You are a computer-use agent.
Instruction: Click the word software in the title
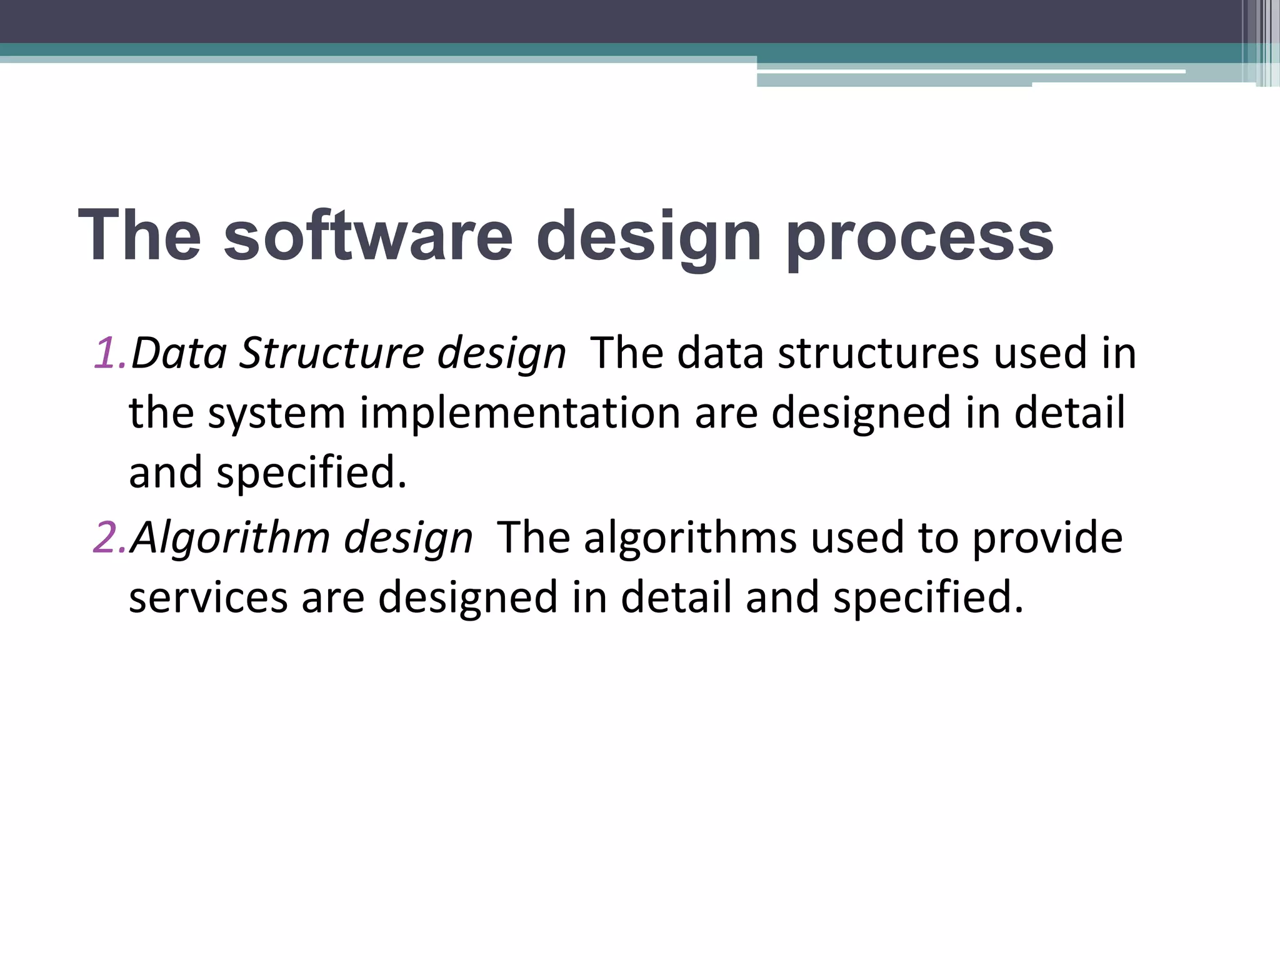(x=367, y=236)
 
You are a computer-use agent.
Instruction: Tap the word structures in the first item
(x=877, y=353)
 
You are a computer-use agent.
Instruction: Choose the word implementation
(x=519, y=414)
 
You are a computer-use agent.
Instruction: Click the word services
(x=208, y=597)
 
